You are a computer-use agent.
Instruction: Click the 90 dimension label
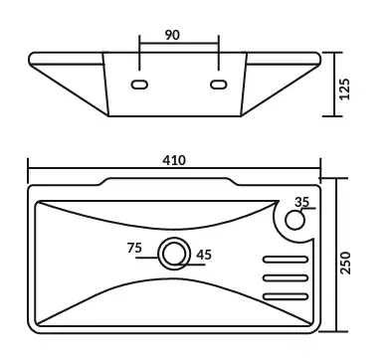(x=172, y=35)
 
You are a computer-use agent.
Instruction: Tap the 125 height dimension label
(x=344, y=89)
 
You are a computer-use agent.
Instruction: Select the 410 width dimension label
(x=174, y=160)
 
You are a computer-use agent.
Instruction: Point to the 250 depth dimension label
(x=345, y=263)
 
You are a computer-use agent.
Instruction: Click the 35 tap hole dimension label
(x=301, y=202)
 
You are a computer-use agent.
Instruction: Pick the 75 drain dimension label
(x=134, y=248)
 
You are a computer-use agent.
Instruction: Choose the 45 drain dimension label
(x=204, y=255)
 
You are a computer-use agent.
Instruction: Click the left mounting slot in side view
(x=139, y=85)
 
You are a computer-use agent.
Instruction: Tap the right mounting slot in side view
(x=219, y=85)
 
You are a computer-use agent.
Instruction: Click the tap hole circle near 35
(x=294, y=220)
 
